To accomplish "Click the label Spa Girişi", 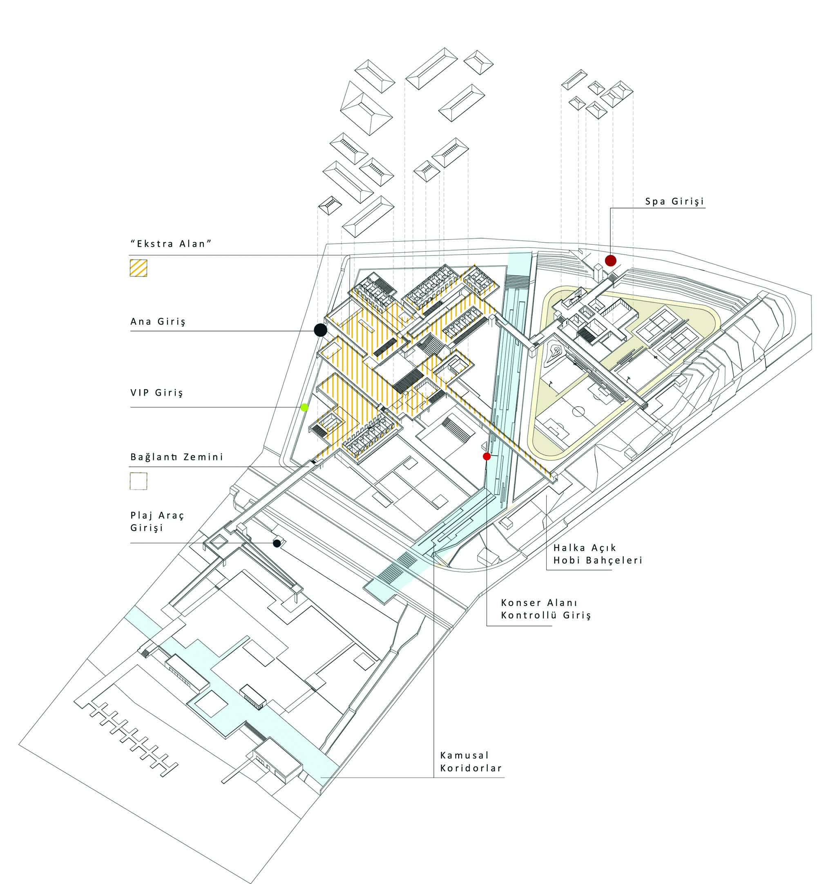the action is coord(674,201).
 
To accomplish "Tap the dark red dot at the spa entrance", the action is coord(611,260).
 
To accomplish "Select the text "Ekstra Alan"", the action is coord(171,244).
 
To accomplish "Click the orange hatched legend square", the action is coord(138,268).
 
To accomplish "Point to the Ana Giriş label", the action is coord(158,322).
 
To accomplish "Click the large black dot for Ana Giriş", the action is coord(321,330).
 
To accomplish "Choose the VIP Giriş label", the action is coord(156,393).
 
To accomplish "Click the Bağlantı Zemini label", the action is coord(177,457).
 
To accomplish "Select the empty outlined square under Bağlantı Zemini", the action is coord(138,481).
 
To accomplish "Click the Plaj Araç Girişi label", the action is coord(157,521).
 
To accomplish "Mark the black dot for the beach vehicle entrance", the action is coord(277,544).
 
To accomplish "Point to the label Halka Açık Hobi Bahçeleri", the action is coord(598,554).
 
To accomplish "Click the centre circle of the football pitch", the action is coord(579,412).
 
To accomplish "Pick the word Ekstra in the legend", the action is coord(153,244).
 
